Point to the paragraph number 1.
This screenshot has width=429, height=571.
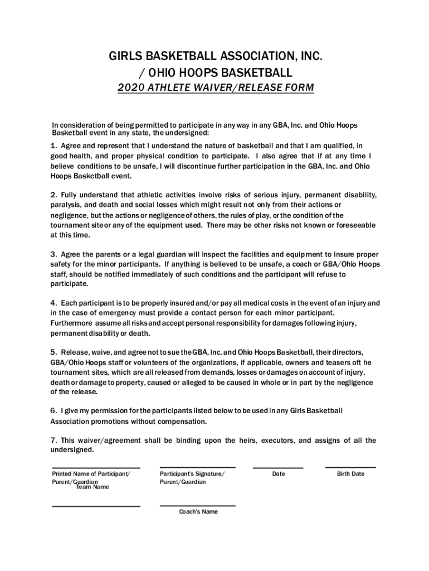coord(53,146)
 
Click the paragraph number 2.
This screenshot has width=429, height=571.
coord(53,195)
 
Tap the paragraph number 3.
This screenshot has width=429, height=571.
coord(53,254)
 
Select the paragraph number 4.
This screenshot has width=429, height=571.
coord(53,303)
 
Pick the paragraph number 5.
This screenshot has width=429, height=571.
coord(53,352)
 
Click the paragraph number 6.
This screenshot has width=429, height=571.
coord(53,411)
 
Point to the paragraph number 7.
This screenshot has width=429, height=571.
coord(53,441)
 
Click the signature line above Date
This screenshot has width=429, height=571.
coord(278,468)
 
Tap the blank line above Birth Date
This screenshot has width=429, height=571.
coord(350,467)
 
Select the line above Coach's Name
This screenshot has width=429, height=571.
coord(197,506)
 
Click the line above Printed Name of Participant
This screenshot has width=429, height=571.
coord(96,468)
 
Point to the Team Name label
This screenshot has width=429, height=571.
coord(92,487)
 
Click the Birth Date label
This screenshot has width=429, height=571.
coord(350,474)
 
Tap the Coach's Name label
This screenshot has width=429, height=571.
coord(198,512)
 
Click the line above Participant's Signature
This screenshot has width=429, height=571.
coord(197,467)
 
